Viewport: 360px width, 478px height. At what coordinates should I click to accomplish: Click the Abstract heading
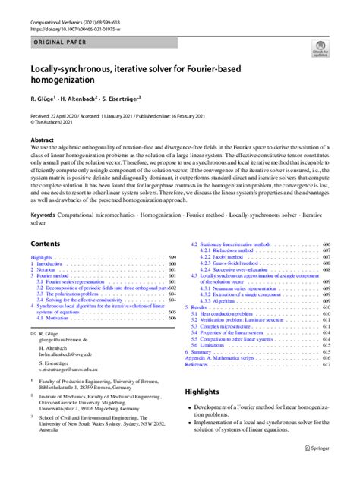click(x=42, y=140)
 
